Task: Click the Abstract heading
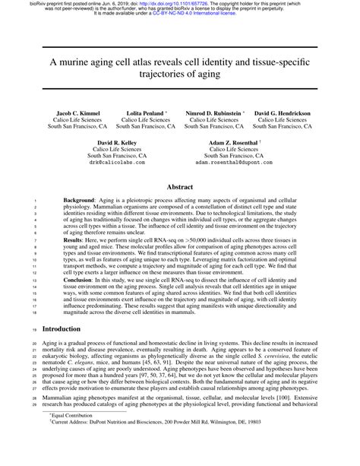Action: pos(180,185)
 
